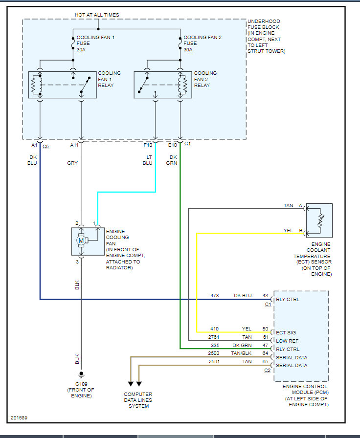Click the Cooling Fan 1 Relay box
coord(62,85)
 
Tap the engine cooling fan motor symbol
coord(81,241)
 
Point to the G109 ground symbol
coord(81,375)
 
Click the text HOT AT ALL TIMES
coord(97,15)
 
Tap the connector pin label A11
coord(74,145)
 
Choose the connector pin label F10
coord(148,145)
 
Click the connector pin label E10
coord(173,145)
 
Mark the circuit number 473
coord(214,295)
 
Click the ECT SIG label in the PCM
coord(286,332)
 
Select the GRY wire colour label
coord(73,163)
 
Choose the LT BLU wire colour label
coord(148,160)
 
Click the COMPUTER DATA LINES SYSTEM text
coord(138,400)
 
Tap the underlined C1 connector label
coord(188,145)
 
